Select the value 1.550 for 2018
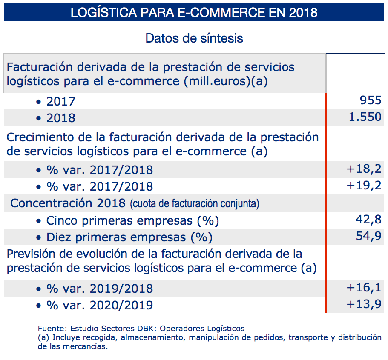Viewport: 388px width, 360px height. (x=365, y=117)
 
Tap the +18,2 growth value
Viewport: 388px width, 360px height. (x=364, y=169)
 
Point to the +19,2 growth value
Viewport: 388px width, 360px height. (x=364, y=186)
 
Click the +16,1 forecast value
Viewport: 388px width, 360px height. (x=364, y=288)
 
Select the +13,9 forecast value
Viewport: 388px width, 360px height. (x=364, y=305)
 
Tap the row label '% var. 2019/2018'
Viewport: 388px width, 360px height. (x=100, y=289)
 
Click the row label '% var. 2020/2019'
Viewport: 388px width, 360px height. (x=100, y=305)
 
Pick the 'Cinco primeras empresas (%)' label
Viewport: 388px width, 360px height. (x=132, y=221)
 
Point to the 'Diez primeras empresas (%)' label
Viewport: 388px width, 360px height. (x=129, y=237)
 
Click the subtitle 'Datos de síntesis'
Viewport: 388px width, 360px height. (x=194, y=38)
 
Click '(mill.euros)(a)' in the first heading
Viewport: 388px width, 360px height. (x=225, y=81)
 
